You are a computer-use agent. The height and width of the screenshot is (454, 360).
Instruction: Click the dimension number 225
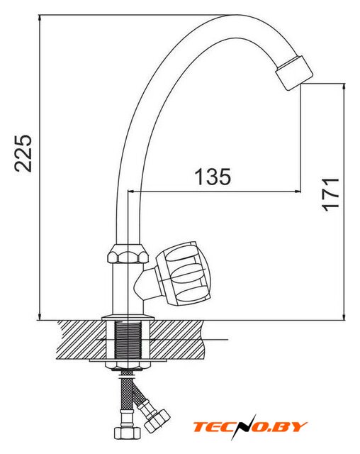pyautogui.click(x=23, y=153)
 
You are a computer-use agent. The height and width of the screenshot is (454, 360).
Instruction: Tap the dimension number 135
pyautogui.click(x=213, y=177)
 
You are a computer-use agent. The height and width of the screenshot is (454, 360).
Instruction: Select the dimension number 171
pyautogui.click(x=330, y=194)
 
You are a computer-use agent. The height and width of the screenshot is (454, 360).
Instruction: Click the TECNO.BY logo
pyautogui.click(x=250, y=427)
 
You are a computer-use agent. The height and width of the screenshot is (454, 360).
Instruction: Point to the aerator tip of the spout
pyautogui.click(x=294, y=72)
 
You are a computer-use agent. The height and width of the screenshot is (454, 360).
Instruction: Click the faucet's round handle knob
pyautogui.click(x=183, y=273)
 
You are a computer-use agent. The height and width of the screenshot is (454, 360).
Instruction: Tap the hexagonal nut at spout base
pyautogui.click(x=128, y=254)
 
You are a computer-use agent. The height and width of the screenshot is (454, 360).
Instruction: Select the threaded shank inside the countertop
pyautogui.click(x=128, y=340)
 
